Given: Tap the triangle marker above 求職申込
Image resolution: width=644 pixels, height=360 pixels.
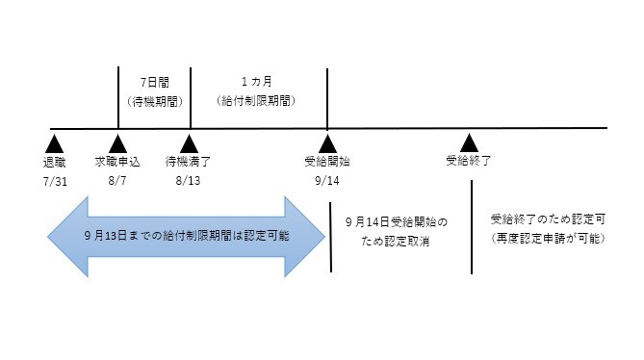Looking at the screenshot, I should click(x=118, y=141).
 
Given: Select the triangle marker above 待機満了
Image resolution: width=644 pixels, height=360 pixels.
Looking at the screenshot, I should click(x=190, y=141).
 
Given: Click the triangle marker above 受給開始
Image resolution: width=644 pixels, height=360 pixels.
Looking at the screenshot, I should click(x=327, y=141).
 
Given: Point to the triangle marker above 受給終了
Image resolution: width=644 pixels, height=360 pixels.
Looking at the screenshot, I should click(x=469, y=141).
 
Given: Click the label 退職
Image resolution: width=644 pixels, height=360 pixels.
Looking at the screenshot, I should click(x=56, y=161).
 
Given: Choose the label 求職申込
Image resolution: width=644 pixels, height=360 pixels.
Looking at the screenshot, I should click(x=118, y=161).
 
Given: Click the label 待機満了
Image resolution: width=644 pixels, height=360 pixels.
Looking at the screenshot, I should click(x=190, y=161).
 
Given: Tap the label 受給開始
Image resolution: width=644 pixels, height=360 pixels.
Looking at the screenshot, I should click(x=327, y=161).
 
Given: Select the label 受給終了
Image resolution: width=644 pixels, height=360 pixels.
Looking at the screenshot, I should click(x=469, y=161).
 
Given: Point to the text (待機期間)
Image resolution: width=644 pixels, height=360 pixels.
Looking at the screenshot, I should click(x=155, y=101).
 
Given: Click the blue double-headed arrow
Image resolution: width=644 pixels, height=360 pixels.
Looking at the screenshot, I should click(x=183, y=236).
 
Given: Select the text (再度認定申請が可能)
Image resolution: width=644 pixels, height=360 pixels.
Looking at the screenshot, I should click(x=546, y=237).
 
